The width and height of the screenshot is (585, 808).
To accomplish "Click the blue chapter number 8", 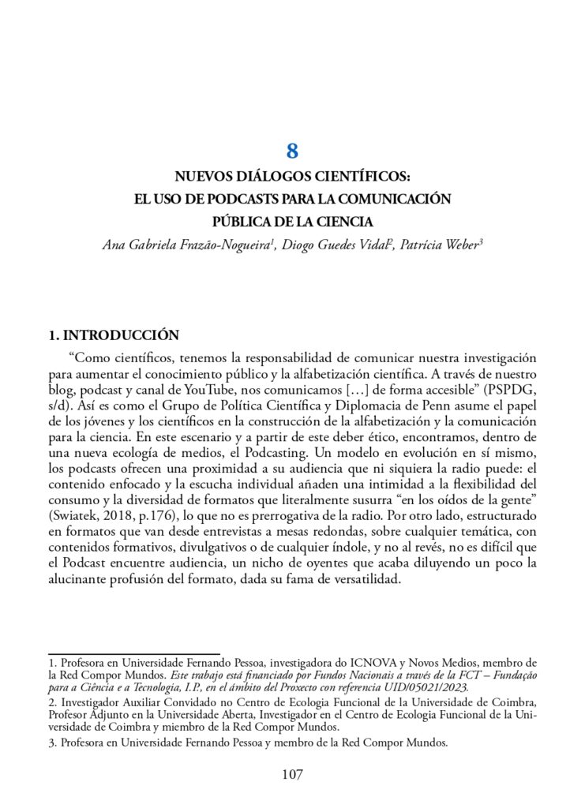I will tap(292, 151).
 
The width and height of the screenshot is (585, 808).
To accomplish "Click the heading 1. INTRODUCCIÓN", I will tap(114, 335).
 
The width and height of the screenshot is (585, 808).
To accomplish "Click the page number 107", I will tap(292, 774).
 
